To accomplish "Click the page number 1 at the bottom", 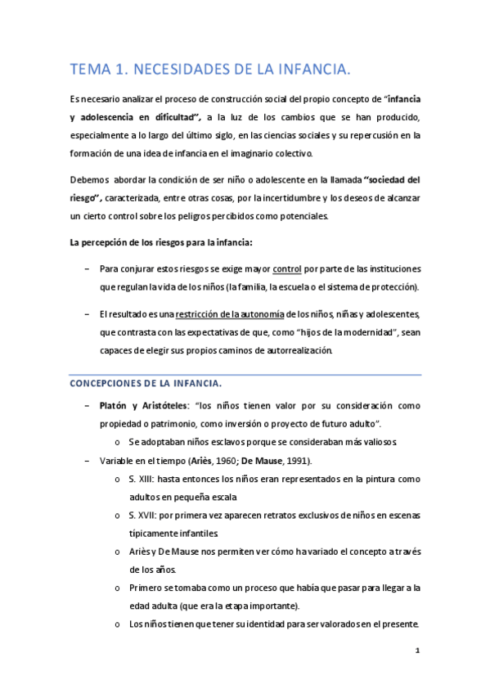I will point(417,651).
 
